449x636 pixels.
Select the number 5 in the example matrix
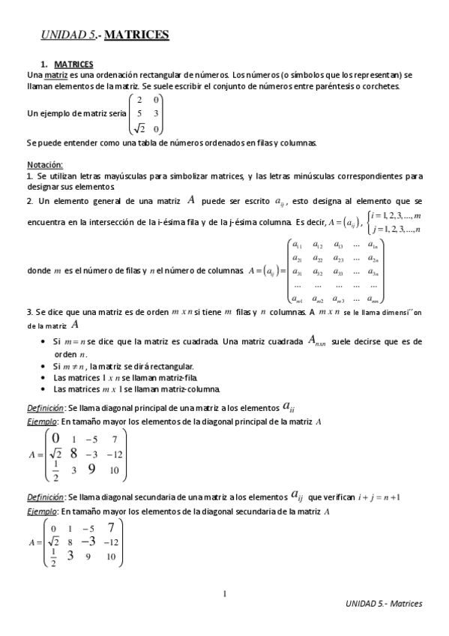(139, 113)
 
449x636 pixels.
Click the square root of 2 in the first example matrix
(138, 128)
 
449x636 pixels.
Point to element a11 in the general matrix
(297, 245)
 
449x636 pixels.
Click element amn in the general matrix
(373, 299)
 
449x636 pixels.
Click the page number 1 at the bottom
(224, 595)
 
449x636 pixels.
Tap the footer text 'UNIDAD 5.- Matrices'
(385, 604)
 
